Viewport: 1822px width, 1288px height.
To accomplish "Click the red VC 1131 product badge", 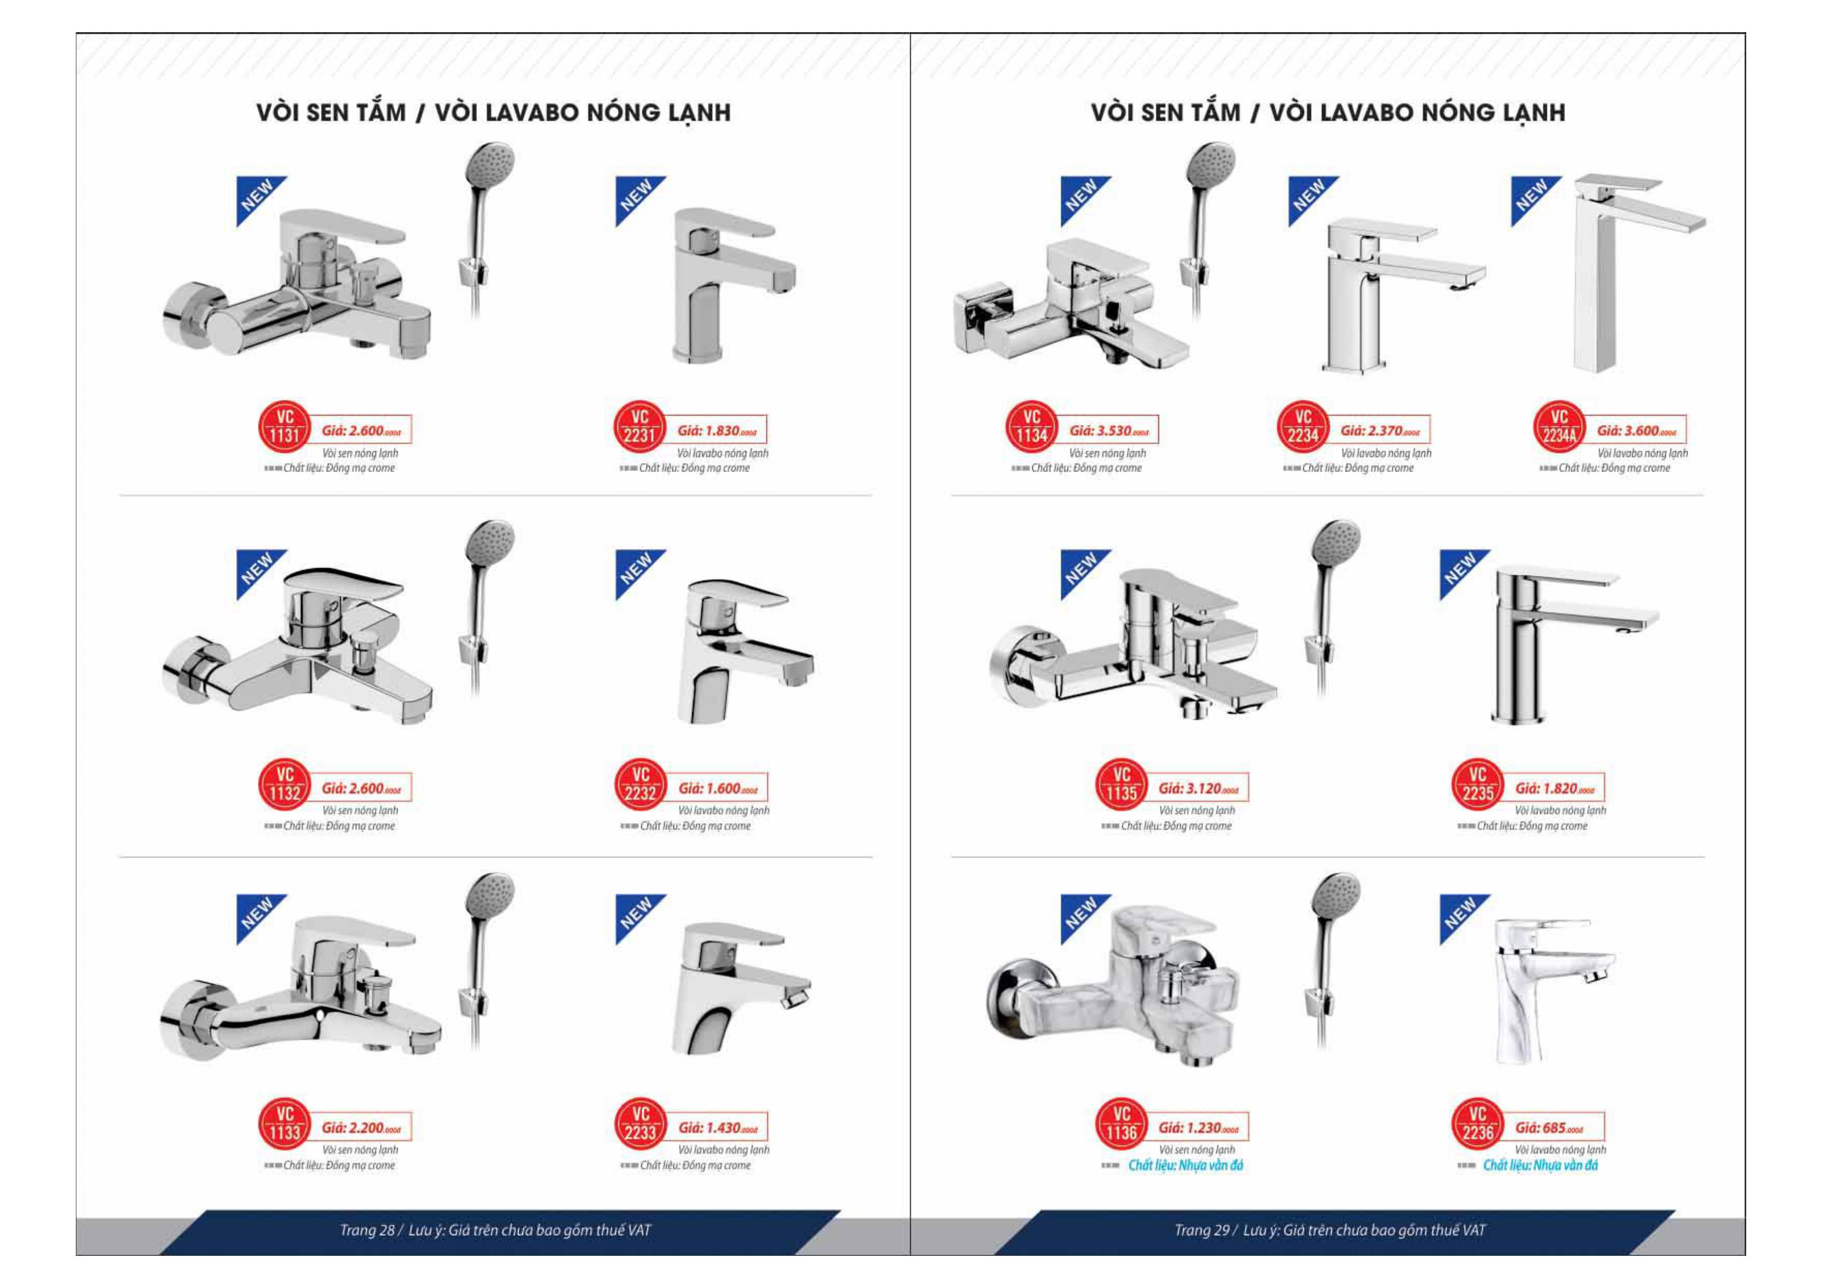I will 284,427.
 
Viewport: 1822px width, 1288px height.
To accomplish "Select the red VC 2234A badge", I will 1559,427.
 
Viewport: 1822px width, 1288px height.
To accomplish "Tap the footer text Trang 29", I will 1202,1230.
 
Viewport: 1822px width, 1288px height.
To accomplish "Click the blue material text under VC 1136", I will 1185,1165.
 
